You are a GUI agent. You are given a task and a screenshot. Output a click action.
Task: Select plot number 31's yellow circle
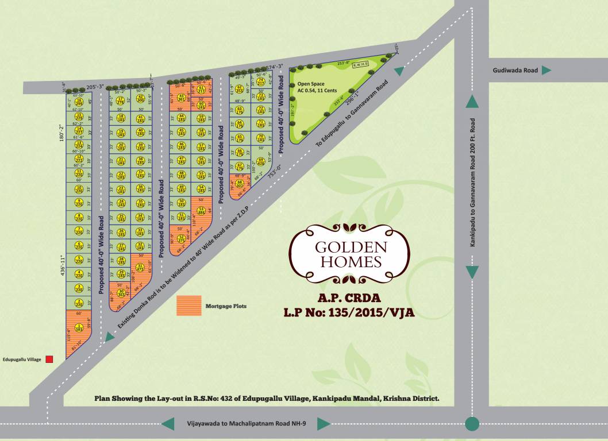(140, 266)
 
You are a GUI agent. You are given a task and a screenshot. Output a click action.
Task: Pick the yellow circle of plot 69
(261, 161)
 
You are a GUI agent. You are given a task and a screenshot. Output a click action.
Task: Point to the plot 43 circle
(182, 98)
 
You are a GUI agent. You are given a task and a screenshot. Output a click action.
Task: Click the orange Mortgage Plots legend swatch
(189, 306)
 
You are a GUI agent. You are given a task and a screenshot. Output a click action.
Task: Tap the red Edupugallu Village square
(49, 359)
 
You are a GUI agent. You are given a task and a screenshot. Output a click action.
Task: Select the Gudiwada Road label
(515, 71)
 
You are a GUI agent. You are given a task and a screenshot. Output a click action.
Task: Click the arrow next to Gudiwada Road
(547, 70)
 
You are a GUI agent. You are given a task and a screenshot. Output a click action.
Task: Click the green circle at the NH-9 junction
(472, 424)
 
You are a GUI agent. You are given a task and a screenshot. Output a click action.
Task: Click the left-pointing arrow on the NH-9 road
(168, 424)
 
